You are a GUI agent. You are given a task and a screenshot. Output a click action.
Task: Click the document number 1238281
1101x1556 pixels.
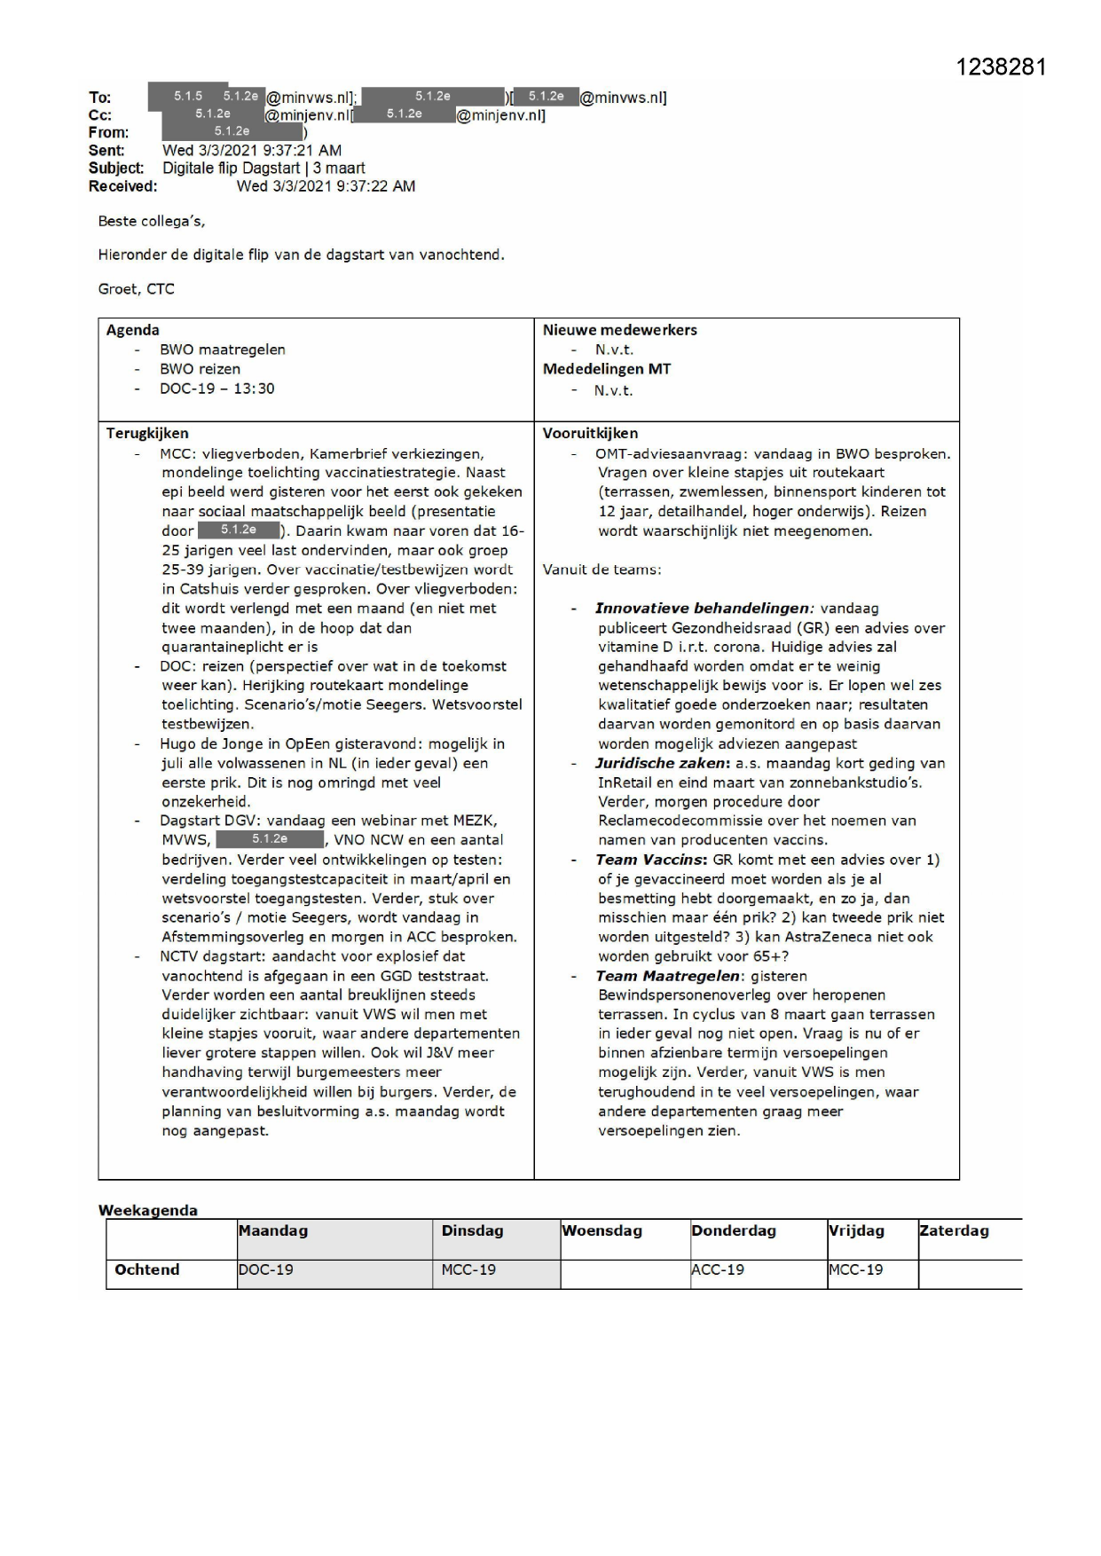click(1002, 67)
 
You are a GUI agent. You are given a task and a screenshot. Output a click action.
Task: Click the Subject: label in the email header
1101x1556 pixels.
click(115, 169)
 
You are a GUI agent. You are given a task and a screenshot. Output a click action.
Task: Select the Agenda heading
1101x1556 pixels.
click(132, 330)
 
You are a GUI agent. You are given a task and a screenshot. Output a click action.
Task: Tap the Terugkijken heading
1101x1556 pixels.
click(147, 433)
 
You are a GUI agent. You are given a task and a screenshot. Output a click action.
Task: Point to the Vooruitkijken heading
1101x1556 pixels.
click(590, 433)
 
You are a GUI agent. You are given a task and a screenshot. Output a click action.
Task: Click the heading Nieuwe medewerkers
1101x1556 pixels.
click(619, 330)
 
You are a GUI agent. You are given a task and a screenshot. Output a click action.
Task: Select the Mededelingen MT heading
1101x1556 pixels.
click(607, 369)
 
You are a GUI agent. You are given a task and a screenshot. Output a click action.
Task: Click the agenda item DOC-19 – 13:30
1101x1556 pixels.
click(216, 389)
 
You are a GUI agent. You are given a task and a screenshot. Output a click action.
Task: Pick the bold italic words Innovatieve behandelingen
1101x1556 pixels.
click(704, 609)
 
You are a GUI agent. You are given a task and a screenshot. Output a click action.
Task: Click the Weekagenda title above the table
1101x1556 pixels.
click(147, 1210)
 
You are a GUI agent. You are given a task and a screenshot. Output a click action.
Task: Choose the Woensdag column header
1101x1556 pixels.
click(602, 1231)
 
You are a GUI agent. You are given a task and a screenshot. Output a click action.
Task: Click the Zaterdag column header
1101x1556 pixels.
click(954, 1231)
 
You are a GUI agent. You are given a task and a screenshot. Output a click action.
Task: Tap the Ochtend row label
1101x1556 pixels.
click(146, 1269)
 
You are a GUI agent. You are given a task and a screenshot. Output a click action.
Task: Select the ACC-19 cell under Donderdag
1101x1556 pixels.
click(718, 1269)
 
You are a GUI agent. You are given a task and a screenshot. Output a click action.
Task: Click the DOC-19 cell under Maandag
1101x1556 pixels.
click(266, 1269)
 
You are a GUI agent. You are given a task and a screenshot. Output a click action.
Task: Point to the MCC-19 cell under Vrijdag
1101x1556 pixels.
click(856, 1269)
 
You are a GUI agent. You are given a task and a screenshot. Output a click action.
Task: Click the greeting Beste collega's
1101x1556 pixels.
click(151, 221)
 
